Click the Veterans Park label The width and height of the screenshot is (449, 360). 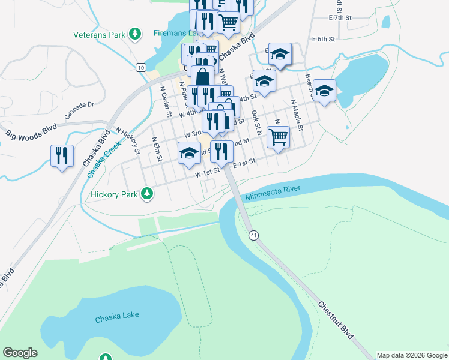99,35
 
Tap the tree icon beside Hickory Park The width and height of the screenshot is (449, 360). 147,194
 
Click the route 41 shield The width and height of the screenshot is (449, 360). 255,235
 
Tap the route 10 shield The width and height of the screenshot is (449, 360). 140,67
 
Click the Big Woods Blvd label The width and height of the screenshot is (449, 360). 31,133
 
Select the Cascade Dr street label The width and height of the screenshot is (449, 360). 80,109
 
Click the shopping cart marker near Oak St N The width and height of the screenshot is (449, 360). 278,137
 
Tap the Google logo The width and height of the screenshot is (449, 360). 20,353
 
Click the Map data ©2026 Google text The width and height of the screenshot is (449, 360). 411,355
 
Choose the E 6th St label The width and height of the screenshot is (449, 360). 323,39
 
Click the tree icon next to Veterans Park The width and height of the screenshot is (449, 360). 136,34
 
